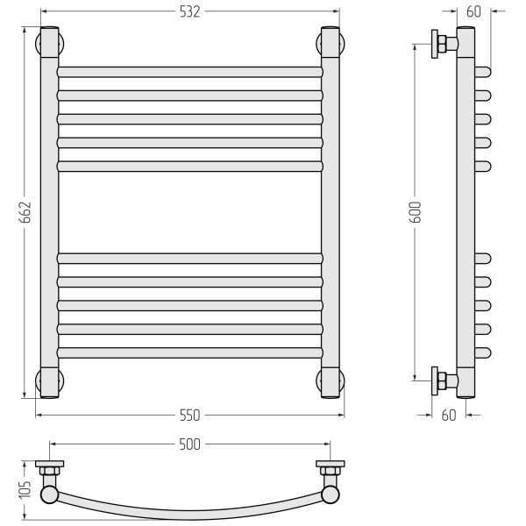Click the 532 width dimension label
(x=190, y=11)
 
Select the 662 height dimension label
(x=25, y=212)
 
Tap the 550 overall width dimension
(x=190, y=416)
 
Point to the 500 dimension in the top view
(x=190, y=444)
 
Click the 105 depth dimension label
(x=25, y=489)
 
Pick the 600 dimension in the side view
(x=416, y=212)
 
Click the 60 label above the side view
(x=473, y=11)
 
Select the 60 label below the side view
(x=449, y=416)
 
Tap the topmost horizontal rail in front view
(x=190, y=72)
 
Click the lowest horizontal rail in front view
(x=190, y=353)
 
